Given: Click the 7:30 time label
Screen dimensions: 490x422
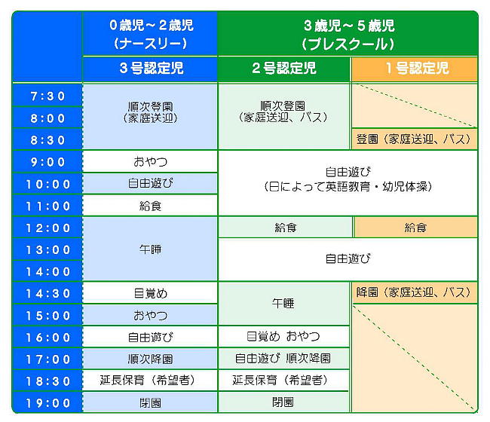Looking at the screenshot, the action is (x=47, y=96).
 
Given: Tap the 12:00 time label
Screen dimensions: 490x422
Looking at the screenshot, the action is (x=47, y=228).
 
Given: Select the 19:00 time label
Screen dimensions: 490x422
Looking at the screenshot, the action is (x=47, y=403).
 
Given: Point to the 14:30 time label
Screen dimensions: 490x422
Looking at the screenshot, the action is (x=47, y=294).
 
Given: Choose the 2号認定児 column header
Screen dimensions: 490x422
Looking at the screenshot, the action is (x=283, y=68).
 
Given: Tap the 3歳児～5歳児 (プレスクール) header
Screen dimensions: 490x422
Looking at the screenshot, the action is (x=348, y=35).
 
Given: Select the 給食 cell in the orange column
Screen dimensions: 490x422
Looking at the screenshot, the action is (x=415, y=228).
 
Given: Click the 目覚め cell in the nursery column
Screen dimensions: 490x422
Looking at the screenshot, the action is (x=150, y=293).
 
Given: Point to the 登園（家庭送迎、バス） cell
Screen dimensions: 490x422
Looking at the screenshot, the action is (x=415, y=139).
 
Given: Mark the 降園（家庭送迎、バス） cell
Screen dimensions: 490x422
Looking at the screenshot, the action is (x=415, y=292).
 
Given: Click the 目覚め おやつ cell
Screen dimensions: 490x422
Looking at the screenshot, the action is (x=283, y=336).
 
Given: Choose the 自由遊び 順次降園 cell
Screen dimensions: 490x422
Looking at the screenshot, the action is (x=283, y=358).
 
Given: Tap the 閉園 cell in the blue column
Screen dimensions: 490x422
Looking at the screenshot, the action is (x=150, y=403).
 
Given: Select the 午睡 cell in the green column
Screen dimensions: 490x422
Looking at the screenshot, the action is (x=283, y=303).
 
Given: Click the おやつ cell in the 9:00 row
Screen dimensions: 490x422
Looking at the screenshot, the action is (x=150, y=161).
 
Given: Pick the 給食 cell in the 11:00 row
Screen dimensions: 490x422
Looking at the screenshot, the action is (x=150, y=206).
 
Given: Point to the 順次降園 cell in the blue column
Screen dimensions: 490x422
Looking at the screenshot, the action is (x=150, y=359).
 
